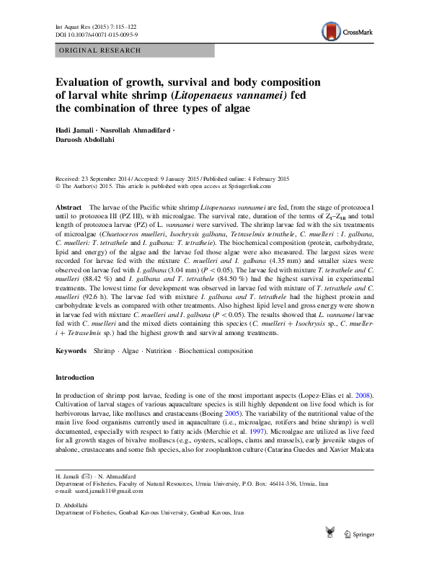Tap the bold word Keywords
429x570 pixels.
tap(71, 351)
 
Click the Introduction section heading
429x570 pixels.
tap(75, 378)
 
